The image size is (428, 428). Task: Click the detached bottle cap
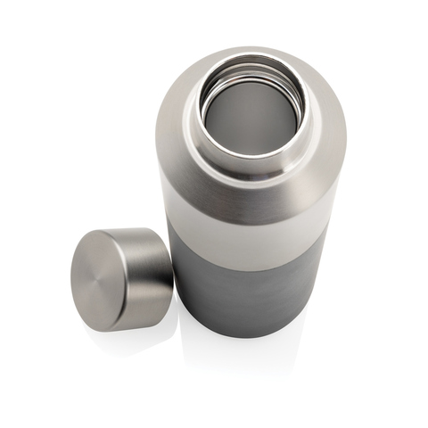[120, 279]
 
